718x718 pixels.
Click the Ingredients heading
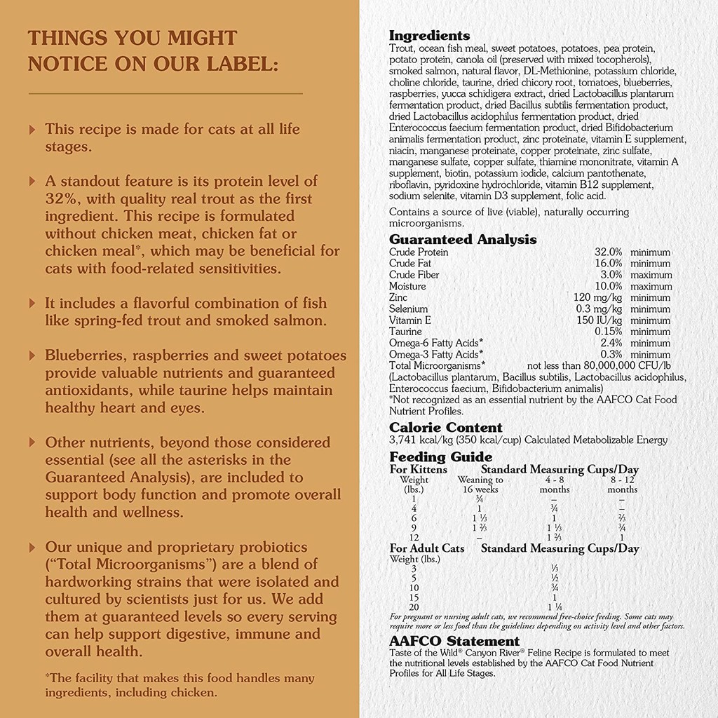pyautogui.click(x=429, y=36)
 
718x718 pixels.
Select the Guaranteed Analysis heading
pyautogui.click(x=463, y=239)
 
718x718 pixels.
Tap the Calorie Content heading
pyautogui.click(x=445, y=427)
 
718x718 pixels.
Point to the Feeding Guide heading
pyautogui.click(x=431, y=457)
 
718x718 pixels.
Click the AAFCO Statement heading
pyautogui.click(x=454, y=641)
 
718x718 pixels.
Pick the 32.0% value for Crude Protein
pyautogui.click(x=609, y=252)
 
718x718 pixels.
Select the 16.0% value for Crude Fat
pyautogui.click(x=609, y=264)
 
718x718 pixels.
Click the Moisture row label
pyautogui.click(x=407, y=286)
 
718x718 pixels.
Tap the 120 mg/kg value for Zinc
pyautogui.click(x=597, y=297)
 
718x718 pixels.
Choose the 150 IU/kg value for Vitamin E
pyautogui.click(x=599, y=320)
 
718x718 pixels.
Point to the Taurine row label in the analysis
pyautogui.click(x=405, y=332)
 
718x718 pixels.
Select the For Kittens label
pyautogui.click(x=418, y=470)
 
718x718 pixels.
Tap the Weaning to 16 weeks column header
pyautogui.click(x=480, y=485)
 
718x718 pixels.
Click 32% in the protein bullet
pyautogui.click(x=60, y=198)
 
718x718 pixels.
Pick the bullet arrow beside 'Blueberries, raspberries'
pyautogui.click(x=32, y=355)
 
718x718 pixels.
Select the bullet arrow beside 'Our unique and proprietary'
pyautogui.click(x=32, y=547)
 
